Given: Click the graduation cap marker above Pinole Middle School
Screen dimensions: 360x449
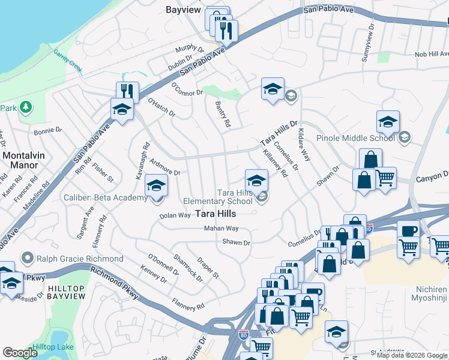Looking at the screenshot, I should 388,122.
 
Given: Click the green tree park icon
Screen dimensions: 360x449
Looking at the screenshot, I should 25,107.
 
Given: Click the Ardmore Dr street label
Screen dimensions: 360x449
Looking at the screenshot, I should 165,167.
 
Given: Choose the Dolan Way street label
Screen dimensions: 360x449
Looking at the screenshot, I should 175,215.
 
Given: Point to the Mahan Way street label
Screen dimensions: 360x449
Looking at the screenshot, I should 221,229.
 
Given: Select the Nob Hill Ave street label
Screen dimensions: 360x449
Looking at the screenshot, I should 431,55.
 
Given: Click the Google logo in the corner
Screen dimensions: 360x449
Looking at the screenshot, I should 20,353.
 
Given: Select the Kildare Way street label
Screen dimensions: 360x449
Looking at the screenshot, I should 306,148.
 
